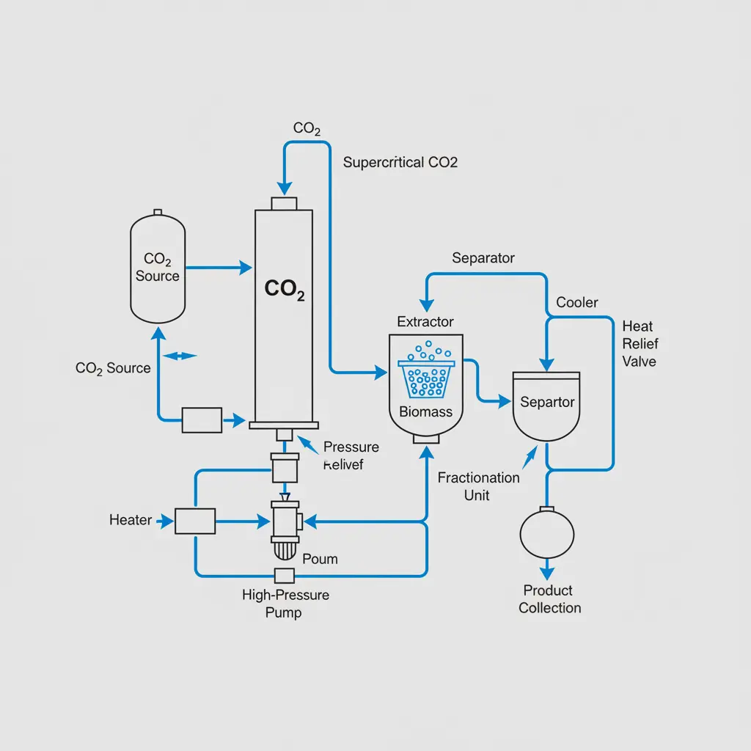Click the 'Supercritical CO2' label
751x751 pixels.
pos(400,162)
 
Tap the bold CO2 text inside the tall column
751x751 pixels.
pos(284,290)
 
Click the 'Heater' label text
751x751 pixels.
pos(131,520)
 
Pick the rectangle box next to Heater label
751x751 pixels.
pos(195,521)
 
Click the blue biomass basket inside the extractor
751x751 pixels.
pos(426,378)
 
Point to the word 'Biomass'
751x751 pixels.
pos(425,411)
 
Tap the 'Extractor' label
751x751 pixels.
pos(425,321)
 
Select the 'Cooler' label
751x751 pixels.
pos(577,302)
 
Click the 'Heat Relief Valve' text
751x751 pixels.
pos(640,343)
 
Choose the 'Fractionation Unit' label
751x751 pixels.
pos(478,486)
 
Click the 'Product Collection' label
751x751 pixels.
pos(549,599)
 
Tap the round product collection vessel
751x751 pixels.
pos(546,534)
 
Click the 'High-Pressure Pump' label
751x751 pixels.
pos(285,603)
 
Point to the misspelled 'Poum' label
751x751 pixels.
pos(320,559)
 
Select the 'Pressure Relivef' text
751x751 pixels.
pos(351,455)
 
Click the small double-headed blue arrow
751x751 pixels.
pos(180,356)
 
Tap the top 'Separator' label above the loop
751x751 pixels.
pos(483,258)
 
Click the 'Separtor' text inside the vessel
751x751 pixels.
pos(547,402)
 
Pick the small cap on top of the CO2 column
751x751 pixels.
pos(283,203)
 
